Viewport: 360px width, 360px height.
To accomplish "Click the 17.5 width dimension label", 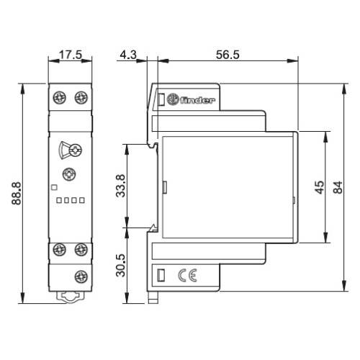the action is tap(71, 55).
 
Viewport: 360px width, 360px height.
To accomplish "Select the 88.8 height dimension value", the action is tap(17, 193).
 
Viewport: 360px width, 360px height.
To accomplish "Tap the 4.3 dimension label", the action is tap(128, 55).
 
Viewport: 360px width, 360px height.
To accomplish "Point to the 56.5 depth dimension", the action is tap(228, 55).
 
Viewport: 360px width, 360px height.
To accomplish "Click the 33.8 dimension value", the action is tap(120, 186).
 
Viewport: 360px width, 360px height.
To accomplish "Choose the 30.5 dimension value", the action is tap(120, 266).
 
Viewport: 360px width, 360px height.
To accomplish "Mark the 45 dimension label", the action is tap(320, 187).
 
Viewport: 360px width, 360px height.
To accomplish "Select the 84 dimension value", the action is tap(338, 187).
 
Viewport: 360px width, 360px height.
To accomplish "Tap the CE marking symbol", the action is tap(187, 275).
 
